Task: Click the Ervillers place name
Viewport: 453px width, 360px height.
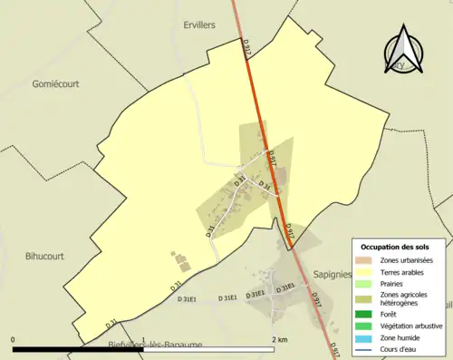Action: [x=198, y=25]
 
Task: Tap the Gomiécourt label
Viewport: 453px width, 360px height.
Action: [x=57, y=83]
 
